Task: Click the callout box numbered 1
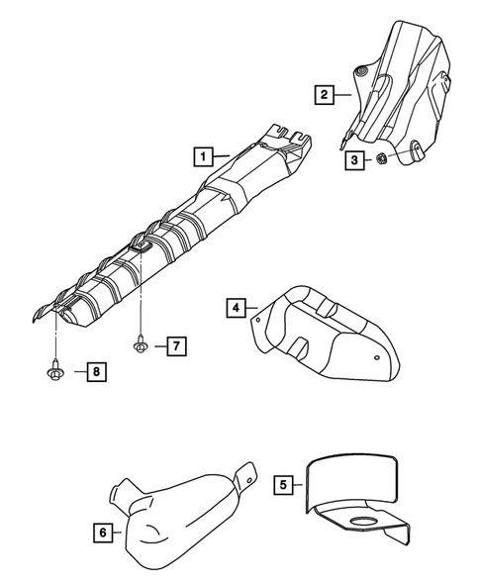coord(203,155)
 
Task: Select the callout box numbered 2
coord(324,95)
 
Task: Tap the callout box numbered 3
coord(352,158)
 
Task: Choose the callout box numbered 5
coord(283,485)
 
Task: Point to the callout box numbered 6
coord(103,532)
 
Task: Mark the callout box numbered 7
coord(174,345)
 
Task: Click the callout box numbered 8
coord(95,371)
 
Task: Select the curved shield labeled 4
coord(327,332)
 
